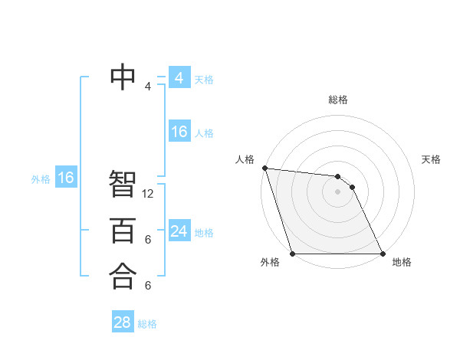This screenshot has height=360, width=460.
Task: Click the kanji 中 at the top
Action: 123,76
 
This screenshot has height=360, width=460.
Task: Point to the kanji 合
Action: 123,276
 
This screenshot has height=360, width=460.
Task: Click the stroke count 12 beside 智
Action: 148,194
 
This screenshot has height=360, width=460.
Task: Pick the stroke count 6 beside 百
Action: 148,240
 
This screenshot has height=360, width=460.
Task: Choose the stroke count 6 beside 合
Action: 148,286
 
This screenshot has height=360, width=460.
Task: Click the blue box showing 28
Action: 123,322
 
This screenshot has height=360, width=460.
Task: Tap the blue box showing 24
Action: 179,231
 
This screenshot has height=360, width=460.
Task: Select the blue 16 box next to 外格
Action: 66,178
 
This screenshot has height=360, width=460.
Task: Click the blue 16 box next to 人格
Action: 179,132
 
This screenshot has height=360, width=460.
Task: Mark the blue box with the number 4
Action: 179,78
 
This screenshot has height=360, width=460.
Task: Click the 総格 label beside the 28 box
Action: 147,324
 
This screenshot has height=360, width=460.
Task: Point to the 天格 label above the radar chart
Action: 431,159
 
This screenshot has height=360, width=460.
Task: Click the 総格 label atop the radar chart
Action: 338,100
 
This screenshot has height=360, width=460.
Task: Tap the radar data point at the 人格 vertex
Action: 264,168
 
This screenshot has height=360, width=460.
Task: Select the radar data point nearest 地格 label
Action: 383,254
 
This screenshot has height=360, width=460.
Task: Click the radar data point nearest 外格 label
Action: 292,254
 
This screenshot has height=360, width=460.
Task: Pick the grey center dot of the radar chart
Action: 337,191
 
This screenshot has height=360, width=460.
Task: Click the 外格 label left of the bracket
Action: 41,179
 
